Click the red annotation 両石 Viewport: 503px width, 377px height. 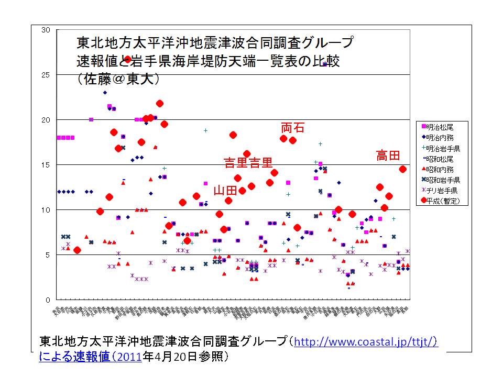[x=293, y=128]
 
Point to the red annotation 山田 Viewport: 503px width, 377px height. [x=225, y=190]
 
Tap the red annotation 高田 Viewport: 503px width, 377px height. [x=388, y=156]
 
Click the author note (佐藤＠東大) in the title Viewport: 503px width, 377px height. [x=118, y=79]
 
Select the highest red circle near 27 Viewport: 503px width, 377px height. [x=127, y=60]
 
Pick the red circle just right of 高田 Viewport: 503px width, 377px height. [x=402, y=169]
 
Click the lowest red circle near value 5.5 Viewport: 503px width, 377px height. [x=77, y=250]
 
